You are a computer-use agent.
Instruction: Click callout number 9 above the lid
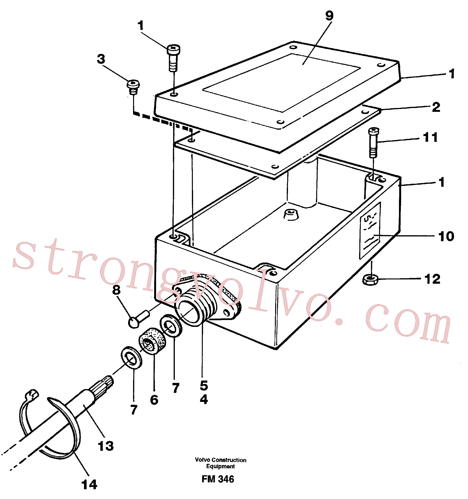coord(329,16)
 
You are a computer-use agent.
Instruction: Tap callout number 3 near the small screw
coord(101,59)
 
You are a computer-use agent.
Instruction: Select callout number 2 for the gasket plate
coord(436,107)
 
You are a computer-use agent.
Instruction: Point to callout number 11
coord(430,137)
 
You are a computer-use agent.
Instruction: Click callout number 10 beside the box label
coord(446,236)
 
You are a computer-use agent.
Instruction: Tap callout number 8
coord(116,290)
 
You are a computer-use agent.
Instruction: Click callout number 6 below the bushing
coord(154,400)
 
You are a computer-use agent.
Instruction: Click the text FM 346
coord(218,479)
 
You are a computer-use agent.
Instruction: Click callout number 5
coord(204,386)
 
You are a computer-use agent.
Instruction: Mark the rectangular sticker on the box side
coord(370,231)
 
